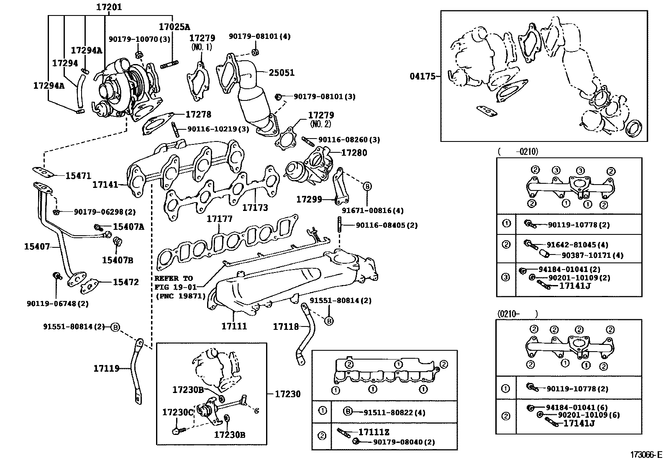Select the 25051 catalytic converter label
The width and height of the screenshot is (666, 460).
[x=281, y=72]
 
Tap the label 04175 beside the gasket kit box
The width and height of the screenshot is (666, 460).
[x=423, y=76]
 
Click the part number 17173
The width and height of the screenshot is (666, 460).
[x=255, y=207]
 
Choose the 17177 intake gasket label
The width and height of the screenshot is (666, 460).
[x=220, y=219]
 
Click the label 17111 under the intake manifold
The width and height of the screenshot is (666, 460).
[x=234, y=326]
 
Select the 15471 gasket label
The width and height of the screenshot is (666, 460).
[x=78, y=176]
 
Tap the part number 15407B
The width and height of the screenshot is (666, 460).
[x=118, y=260]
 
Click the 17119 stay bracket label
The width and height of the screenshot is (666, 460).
[x=106, y=368]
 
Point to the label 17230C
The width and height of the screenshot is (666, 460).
[x=178, y=412]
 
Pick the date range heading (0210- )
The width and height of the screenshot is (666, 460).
[x=518, y=314]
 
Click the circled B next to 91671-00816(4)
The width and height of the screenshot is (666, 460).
[x=367, y=187]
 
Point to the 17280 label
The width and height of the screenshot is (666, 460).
[x=354, y=153]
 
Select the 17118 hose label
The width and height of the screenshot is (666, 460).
[x=286, y=326]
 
